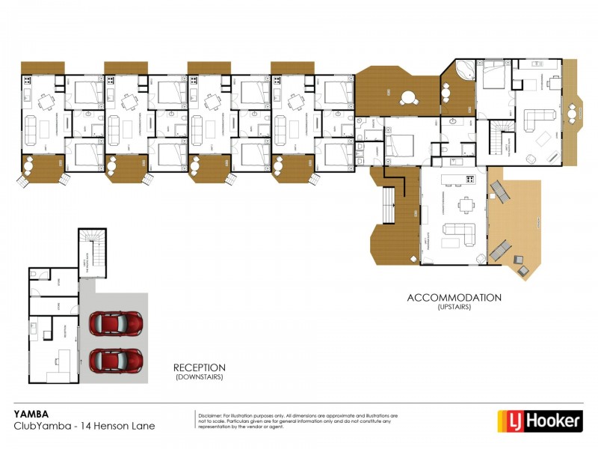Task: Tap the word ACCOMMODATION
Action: pos(454,297)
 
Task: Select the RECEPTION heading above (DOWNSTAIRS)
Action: pos(199,367)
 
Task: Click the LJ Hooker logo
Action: pos(540,421)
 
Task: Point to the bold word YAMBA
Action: pos(31,412)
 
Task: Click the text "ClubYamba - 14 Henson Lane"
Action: pos(84,426)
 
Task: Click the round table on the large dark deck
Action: pos(409,97)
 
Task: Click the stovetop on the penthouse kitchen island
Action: pos(470,179)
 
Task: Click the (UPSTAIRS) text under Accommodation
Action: pos(454,307)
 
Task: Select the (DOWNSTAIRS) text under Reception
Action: pos(199,377)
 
